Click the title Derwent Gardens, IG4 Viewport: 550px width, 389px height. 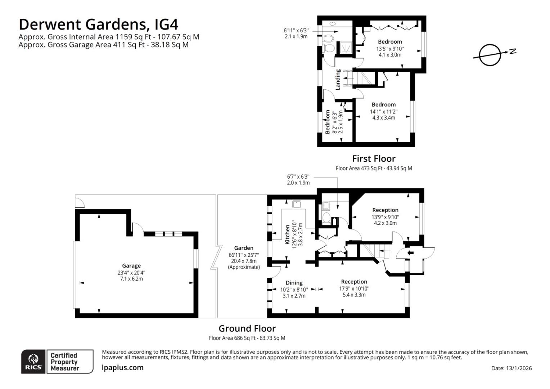point(98,24)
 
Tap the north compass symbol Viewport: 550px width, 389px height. point(490,55)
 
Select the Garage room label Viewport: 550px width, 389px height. point(131,266)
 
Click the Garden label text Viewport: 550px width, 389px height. point(244,248)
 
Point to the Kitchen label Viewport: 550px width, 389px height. point(287,234)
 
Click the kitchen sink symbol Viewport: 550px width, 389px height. point(297,204)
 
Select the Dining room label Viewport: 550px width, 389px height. point(294,283)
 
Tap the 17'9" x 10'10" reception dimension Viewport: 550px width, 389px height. point(354,289)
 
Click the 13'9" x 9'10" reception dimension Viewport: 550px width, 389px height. point(385,217)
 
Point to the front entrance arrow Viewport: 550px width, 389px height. point(410,253)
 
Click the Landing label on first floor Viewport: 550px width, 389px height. point(338,80)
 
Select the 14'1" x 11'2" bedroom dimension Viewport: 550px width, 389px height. point(383,111)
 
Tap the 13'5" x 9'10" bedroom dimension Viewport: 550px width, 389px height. point(390,49)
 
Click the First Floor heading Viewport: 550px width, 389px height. point(374,158)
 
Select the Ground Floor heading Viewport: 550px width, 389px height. point(247,328)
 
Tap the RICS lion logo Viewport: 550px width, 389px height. point(33,361)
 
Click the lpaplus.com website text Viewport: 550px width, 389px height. point(123,368)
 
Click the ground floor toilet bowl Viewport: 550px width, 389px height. point(327,217)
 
